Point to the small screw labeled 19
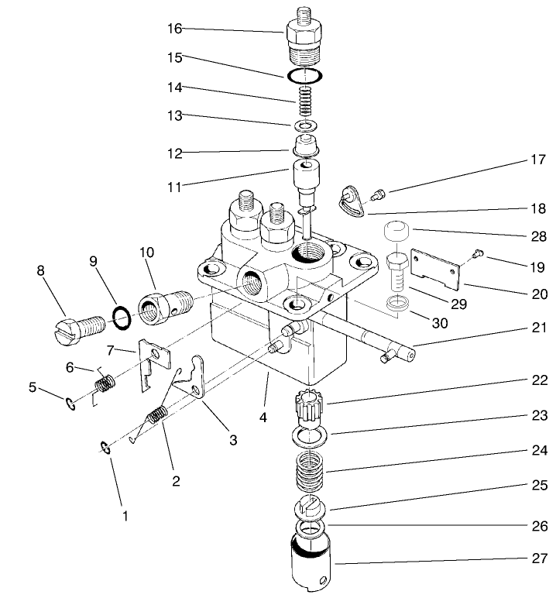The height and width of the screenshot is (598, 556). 477,251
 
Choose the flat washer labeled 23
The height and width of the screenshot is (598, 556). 310,437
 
